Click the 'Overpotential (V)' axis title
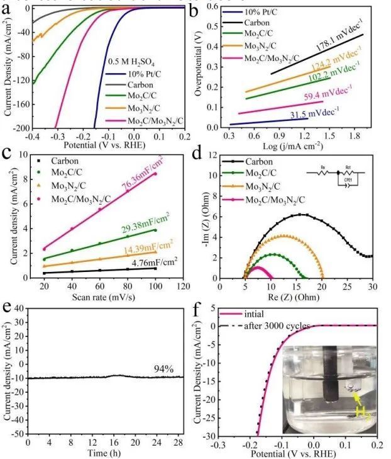200,67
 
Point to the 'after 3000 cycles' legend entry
268,326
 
